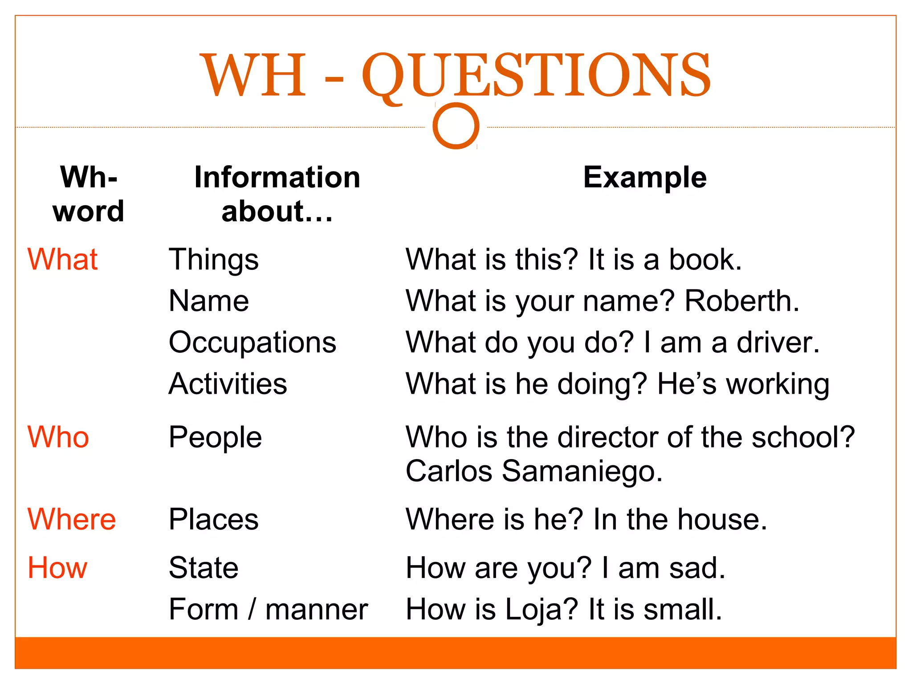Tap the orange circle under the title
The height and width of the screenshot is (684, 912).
point(456,126)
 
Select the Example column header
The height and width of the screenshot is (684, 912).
point(645,177)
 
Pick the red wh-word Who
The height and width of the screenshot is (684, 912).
point(58,437)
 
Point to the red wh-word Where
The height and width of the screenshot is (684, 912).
point(72,519)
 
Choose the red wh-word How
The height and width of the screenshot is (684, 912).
point(57,568)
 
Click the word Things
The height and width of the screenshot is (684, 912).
point(214,260)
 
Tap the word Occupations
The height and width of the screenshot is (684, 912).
point(252,342)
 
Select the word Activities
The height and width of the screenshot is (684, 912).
point(228,384)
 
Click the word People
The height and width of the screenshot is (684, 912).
point(215,437)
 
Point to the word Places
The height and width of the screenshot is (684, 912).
point(214,520)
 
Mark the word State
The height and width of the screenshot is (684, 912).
point(204,568)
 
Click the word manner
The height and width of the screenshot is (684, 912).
point(317,610)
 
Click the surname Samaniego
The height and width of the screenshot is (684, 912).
point(582,471)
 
